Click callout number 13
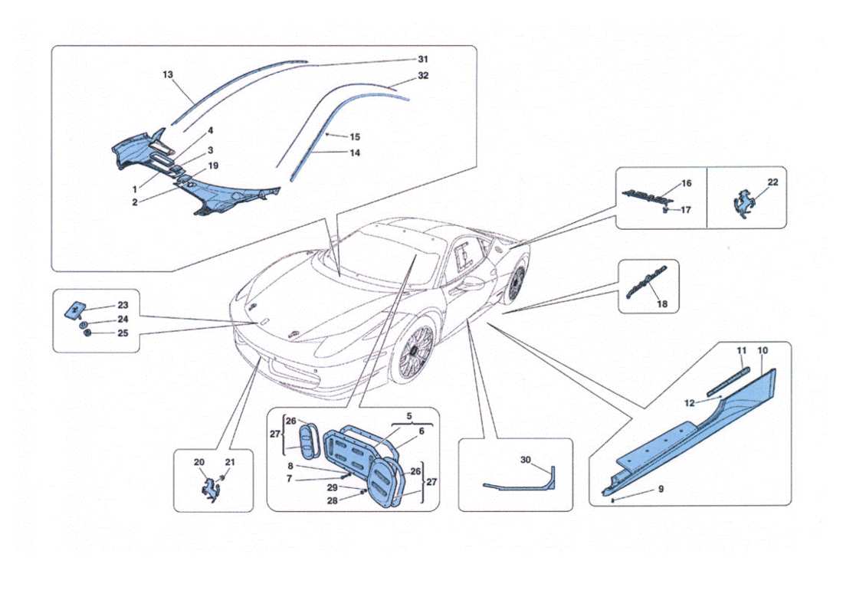click(x=168, y=75)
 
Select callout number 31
click(x=423, y=59)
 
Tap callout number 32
click(x=423, y=76)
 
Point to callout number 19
click(x=214, y=165)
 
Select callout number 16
click(x=686, y=184)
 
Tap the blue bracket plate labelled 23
click(x=74, y=310)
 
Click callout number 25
click(x=123, y=333)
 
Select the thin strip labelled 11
click(x=730, y=380)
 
